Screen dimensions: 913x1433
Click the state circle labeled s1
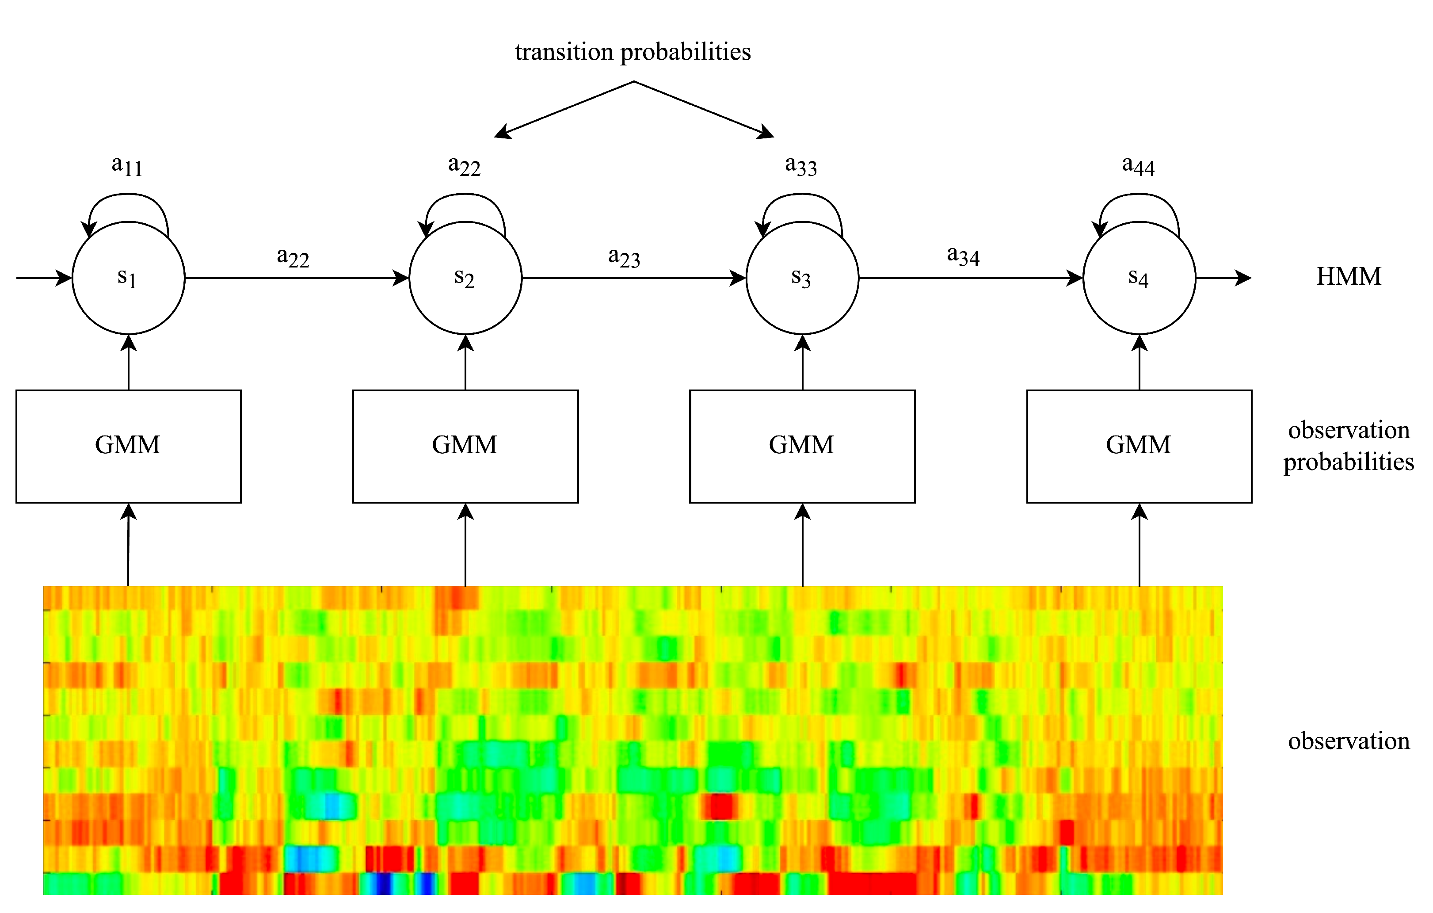129,278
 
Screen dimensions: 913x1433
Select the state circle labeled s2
465,278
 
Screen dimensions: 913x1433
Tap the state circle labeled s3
802,278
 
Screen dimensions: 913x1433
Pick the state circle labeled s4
1139,278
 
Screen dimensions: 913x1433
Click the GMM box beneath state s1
129,447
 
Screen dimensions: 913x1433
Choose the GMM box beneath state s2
465,447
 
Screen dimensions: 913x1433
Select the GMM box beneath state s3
802,447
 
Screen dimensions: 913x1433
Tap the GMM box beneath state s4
1139,447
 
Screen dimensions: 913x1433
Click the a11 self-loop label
127,165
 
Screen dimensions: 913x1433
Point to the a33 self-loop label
801,165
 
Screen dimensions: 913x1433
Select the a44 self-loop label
1138,165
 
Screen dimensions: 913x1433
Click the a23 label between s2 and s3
624,257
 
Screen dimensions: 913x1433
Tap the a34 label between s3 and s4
963,256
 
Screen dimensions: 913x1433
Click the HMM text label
1349,277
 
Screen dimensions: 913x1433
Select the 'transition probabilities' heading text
633,52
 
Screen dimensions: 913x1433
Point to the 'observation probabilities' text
1349,446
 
